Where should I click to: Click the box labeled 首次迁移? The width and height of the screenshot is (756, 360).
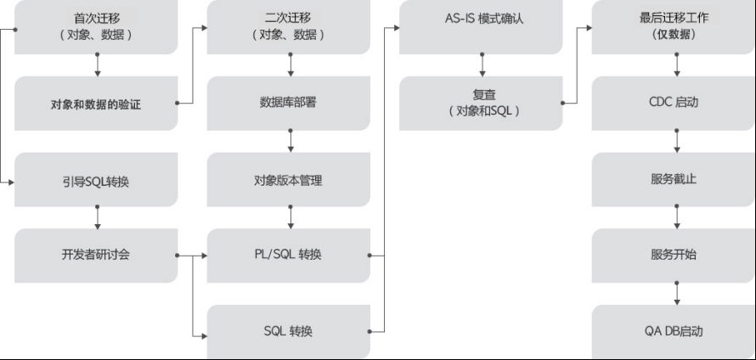pos(96,26)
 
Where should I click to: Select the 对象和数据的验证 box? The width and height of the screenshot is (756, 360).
pos(96,104)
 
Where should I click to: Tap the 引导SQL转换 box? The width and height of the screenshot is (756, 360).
pos(96,180)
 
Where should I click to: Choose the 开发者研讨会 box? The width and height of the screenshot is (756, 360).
pos(96,255)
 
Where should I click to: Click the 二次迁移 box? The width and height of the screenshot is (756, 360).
pos(289,26)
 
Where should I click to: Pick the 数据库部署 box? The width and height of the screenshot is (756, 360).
pos(289,104)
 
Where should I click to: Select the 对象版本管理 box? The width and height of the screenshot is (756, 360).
pos(289,180)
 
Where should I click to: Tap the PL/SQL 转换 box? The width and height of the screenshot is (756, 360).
pos(289,255)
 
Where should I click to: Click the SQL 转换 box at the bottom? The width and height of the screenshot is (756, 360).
pos(289,331)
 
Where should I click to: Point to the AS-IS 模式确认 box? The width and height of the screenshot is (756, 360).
pos(481,19)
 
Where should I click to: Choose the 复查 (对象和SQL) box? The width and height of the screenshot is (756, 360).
pos(481,104)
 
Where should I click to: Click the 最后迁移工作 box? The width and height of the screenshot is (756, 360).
pos(674,26)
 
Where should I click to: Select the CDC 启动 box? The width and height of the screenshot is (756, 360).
pos(674,104)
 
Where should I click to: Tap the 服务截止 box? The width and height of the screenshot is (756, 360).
pos(674,180)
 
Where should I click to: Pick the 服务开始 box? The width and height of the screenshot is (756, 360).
pos(674,255)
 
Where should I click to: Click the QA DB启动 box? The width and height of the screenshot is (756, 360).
pos(674,331)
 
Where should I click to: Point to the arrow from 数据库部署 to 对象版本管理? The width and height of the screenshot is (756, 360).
pos(291,142)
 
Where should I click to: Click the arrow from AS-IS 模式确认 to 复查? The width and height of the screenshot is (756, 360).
pos(482,65)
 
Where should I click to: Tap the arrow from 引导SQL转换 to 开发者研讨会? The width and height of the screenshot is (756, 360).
pos(99,217)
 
